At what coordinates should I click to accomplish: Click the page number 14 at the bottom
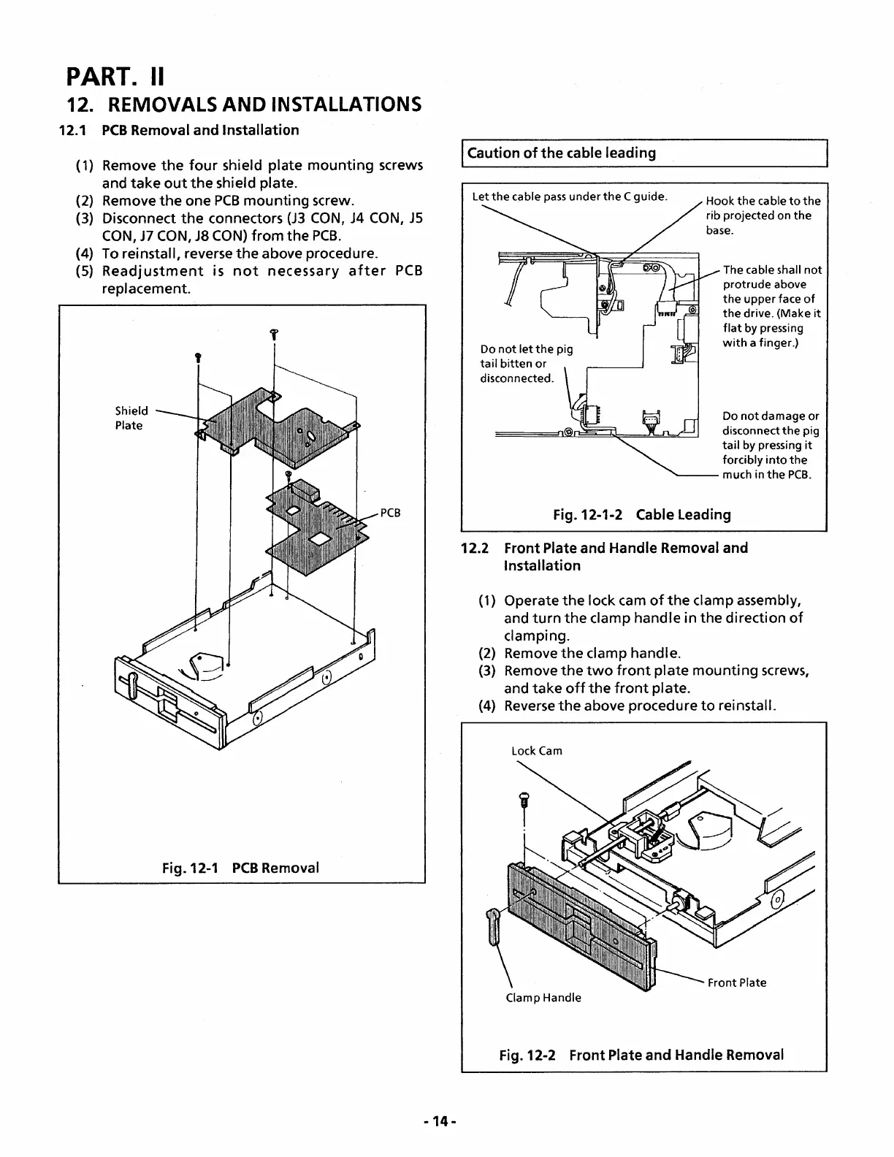(439, 1120)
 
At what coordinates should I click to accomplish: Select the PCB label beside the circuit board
(391, 513)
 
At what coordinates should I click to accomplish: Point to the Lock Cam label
(537, 751)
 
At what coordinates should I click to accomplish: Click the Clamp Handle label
(543, 998)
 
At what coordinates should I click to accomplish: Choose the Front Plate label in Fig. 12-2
(736, 982)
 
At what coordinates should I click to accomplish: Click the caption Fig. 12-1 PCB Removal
(240, 868)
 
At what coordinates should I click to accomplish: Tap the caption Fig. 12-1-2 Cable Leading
(642, 514)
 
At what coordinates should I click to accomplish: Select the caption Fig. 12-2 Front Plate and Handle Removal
(641, 1055)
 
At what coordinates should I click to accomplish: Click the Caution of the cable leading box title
(561, 153)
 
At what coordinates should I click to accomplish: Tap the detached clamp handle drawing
(494, 926)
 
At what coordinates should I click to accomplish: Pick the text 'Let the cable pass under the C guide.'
(569, 196)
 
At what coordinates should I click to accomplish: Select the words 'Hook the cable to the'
(763, 201)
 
